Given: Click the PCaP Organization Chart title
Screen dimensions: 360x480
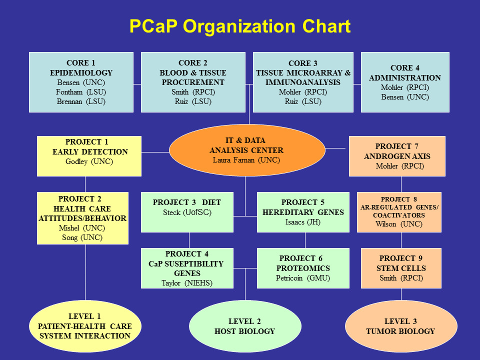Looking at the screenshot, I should (240, 26).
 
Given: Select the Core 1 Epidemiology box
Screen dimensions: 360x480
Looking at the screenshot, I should (81, 82).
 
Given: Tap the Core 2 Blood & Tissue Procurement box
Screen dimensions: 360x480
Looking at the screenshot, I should (192, 82).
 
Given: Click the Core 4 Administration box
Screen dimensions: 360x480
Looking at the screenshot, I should (405, 82).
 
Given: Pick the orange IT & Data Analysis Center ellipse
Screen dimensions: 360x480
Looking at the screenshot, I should (247, 150).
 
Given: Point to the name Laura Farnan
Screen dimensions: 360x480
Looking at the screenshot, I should (246, 160).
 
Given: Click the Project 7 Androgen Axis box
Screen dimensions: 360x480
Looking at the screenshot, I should (397, 156).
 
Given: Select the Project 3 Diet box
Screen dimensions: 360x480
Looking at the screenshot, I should (187, 212).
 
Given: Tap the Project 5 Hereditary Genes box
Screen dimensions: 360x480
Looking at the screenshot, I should (303, 212).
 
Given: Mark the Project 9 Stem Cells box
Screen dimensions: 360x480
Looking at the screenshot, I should (401, 268).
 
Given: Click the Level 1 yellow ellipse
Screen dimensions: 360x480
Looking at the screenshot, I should (85, 325).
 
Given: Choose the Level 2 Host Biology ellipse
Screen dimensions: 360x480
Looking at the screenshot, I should (245, 326).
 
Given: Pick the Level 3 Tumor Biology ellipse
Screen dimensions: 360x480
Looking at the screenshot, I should (401, 326).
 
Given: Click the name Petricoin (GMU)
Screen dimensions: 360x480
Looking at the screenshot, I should (303, 278).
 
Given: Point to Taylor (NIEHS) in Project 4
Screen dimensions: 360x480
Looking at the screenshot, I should (187, 283).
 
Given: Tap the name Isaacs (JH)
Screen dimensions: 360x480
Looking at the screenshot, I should (303, 222).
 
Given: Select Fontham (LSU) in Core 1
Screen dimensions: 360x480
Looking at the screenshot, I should (81, 92).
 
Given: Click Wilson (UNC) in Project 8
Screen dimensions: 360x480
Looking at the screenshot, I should (399, 224).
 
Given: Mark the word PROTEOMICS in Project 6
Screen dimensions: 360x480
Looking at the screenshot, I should (303, 268).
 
